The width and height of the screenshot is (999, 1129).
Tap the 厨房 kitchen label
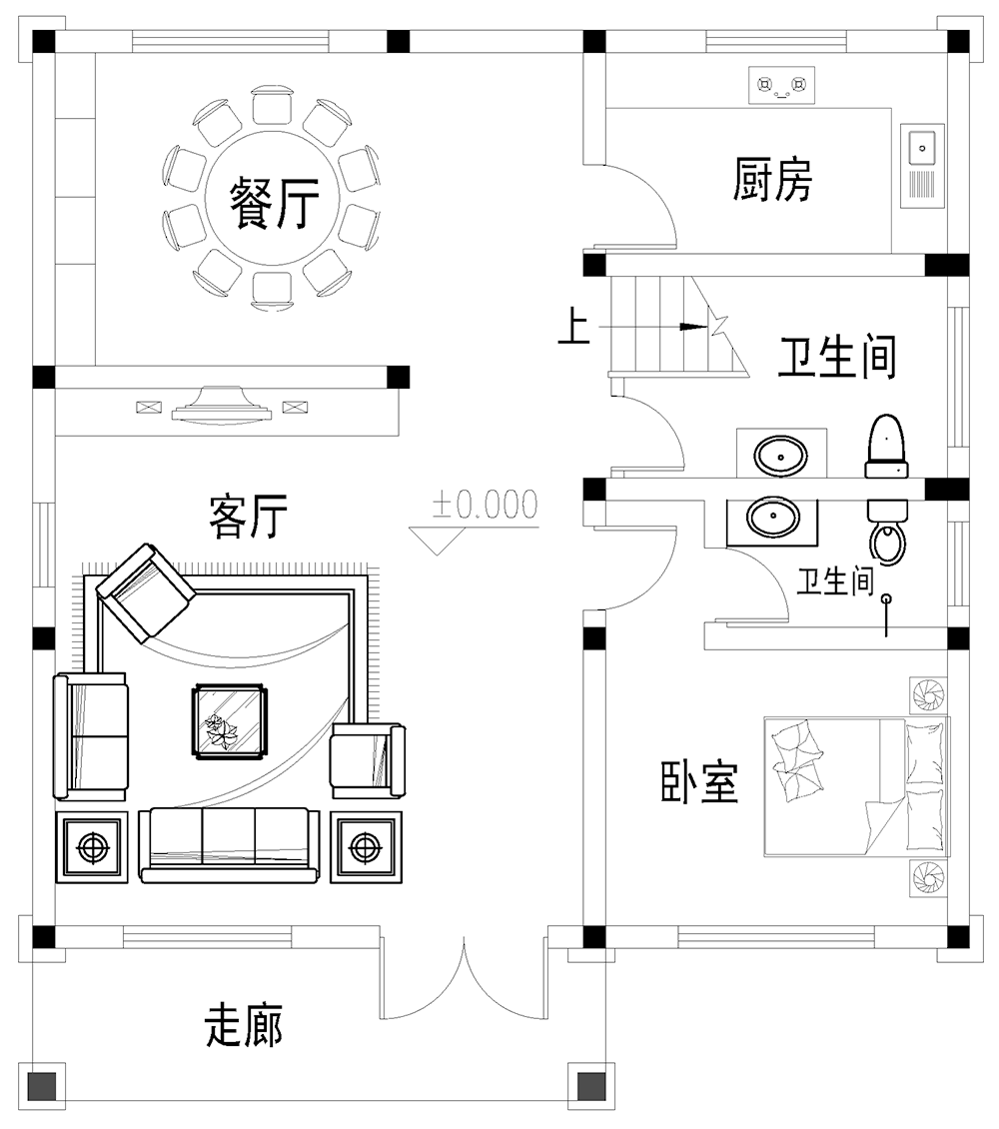coord(772,180)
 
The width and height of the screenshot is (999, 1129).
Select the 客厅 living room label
coord(249,516)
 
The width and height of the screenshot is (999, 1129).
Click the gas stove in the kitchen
coord(781,86)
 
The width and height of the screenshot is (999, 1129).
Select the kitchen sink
coord(921,166)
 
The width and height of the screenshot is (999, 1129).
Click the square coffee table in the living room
coord(231,720)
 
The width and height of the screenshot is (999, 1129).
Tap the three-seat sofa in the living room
coord(230,844)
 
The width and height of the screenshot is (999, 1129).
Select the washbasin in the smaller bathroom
coord(773,518)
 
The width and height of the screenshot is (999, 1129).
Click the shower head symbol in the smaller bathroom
coord(886,599)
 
